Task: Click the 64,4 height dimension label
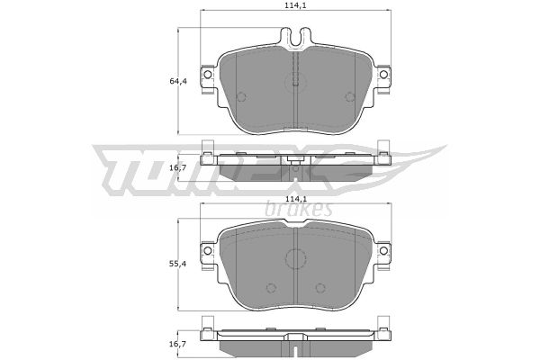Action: click(178, 81)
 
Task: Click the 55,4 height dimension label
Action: click(178, 264)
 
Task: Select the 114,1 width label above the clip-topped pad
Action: click(296, 5)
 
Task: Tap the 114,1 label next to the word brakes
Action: click(296, 199)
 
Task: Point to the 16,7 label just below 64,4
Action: click(178, 167)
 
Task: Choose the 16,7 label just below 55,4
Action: click(178, 344)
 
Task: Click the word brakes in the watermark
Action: click(299, 209)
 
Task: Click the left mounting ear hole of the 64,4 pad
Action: click(208, 75)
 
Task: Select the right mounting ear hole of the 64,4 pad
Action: click(383, 75)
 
